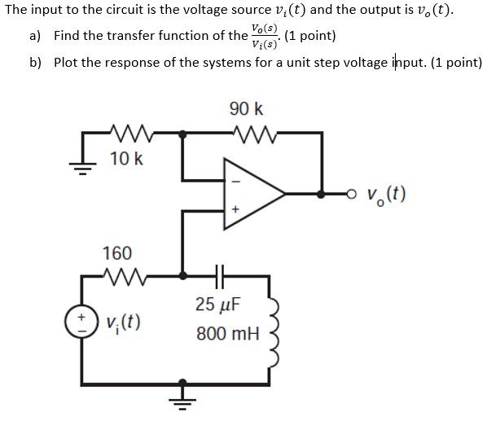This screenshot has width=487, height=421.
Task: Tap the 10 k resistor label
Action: (126, 158)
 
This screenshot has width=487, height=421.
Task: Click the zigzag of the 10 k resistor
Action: (126, 132)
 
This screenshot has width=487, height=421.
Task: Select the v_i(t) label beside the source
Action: (123, 322)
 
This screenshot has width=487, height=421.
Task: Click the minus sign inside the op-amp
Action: (236, 180)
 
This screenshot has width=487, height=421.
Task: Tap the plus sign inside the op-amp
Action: (236, 209)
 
